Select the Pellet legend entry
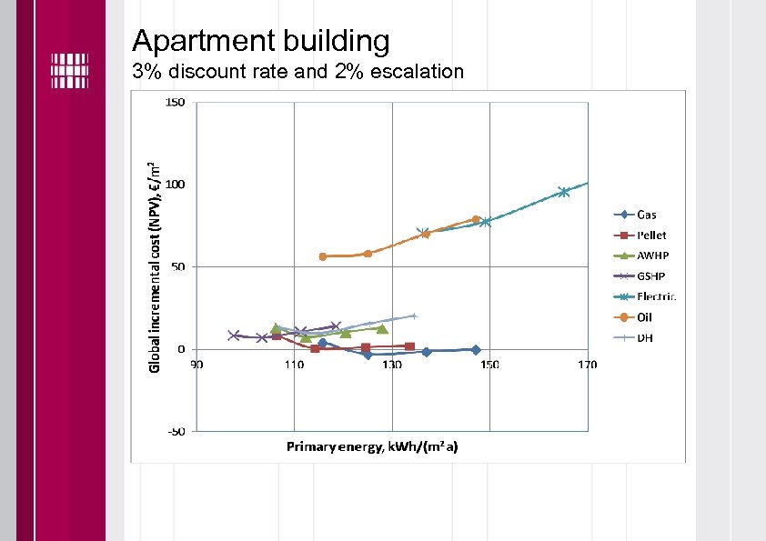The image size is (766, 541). pyautogui.click(x=650, y=235)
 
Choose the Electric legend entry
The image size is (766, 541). pyautogui.click(x=655, y=296)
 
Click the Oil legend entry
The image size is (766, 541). pyautogui.click(x=644, y=317)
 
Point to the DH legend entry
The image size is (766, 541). pyautogui.click(x=644, y=337)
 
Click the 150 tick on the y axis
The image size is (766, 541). pyautogui.click(x=175, y=103)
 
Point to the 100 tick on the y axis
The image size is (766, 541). pyautogui.click(x=175, y=185)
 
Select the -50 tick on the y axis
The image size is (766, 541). pyautogui.click(x=175, y=431)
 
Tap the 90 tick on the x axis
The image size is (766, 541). pyautogui.click(x=196, y=366)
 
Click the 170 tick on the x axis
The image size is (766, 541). pyautogui.click(x=587, y=366)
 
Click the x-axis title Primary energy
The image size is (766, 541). pyautogui.click(x=372, y=446)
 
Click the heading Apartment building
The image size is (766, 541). pyautogui.click(x=260, y=41)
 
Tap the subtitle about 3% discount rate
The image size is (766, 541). pyautogui.click(x=297, y=72)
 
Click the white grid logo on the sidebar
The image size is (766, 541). pyautogui.click(x=69, y=70)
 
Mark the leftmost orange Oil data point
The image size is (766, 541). pyautogui.click(x=323, y=256)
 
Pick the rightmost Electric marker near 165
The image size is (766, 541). pyautogui.click(x=564, y=192)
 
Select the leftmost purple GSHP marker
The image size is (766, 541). pyautogui.click(x=234, y=336)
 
